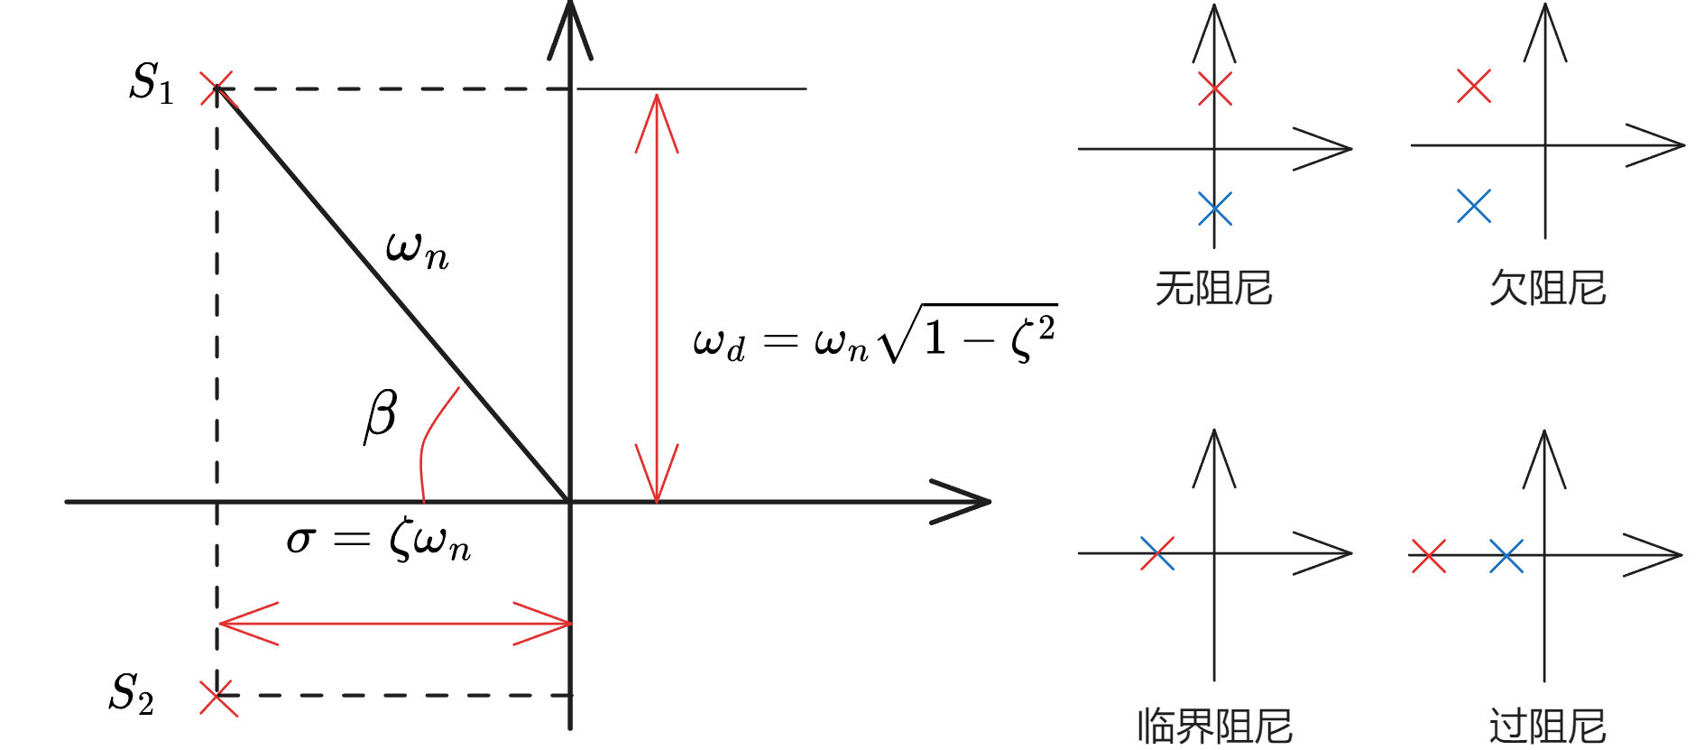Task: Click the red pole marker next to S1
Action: click(216, 88)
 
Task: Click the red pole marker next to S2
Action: click(217, 697)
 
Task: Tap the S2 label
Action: click(132, 693)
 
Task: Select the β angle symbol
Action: click(381, 415)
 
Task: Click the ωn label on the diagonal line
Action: click(416, 249)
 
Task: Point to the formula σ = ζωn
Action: click(378, 541)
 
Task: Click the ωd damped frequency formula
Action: click(873, 337)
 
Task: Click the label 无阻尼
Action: click(1213, 289)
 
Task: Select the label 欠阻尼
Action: click(1547, 289)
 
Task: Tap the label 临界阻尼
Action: click(1214, 727)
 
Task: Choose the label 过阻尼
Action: click(1547, 727)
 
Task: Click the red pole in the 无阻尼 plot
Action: click(1215, 88)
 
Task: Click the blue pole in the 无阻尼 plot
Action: click(1215, 208)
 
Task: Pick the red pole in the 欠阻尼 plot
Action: click(1474, 87)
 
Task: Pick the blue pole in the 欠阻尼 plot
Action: click(1474, 207)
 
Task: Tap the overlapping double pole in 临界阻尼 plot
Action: click(1157, 553)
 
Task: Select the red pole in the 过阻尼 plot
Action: click(1428, 556)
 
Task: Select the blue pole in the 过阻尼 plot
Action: click(1506, 556)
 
